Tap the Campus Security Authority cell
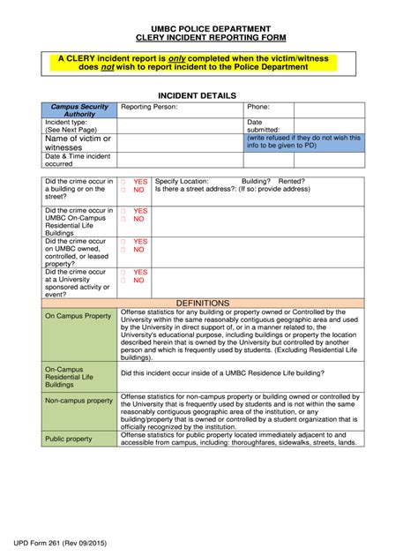tap(79, 110)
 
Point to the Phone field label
tap(258, 107)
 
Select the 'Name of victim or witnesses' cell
tap(78, 143)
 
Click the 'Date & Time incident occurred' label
tap(78, 160)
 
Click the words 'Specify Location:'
tap(182, 181)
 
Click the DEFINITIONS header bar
tap(202, 303)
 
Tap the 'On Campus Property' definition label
tap(78, 315)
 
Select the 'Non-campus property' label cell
tap(78, 401)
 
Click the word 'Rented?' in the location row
tap(294, 181)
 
